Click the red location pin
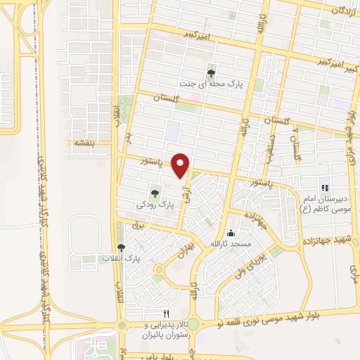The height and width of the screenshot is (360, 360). point(181,165)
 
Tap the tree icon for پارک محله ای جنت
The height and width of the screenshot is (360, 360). point(211,72)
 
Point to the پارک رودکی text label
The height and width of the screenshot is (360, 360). point(155,205)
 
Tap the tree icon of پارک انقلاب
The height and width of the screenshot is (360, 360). point(122,247)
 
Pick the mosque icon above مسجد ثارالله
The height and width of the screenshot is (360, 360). point(231,233)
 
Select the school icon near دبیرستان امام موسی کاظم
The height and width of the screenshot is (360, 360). point(324,188)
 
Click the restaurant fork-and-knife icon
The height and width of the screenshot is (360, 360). point(167,313)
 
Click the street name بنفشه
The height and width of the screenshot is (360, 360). point(84,143)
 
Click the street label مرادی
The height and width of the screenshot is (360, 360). point(354,266)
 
